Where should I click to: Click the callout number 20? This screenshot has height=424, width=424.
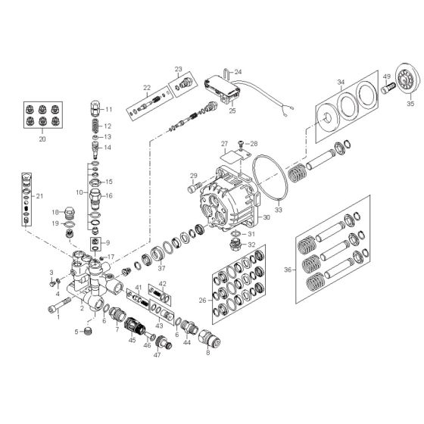(x=42, y=139)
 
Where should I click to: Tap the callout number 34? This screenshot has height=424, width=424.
(x=341, y=82)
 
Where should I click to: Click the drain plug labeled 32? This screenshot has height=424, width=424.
(x=235, y=245)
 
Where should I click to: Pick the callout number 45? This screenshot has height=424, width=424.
(x=132, y=340)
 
